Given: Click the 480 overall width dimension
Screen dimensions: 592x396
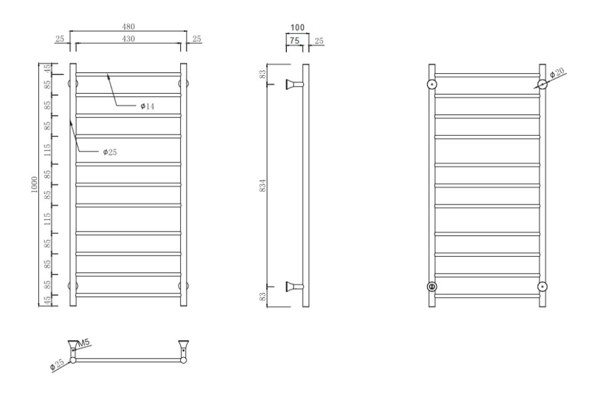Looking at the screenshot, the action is pyautogui.click(x=128, y=27).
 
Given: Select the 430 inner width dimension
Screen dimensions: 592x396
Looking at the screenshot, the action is pyautogui.click(x=128, y=39).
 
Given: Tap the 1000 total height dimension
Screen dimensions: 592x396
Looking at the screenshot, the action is pyautogui.click(x=34, y=185).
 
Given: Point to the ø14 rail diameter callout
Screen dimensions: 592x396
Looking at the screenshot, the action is pyautogui.click(x=147, y=106).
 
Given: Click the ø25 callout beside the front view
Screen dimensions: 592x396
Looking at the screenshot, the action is pyautogui.click(x=110, y=152).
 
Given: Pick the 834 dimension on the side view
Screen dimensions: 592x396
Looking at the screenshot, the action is pyautogui.click(x=263, y=185).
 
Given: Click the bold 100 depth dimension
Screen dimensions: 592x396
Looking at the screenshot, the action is pyautogui.click(x=297, y=28).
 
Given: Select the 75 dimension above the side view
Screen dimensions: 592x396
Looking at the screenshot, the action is pyautogui.click(x=295, y=40).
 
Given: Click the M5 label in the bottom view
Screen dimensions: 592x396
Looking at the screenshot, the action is pyautogui.click(x=84, y=343).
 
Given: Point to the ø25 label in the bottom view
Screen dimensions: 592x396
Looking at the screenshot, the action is pyautogui.click(x=57, y=365).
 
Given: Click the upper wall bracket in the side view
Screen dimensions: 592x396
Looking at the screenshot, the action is pyautogui.click(x=295, y=85).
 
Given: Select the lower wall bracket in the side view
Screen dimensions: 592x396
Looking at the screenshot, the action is pyautogui.click(x=295, y=287).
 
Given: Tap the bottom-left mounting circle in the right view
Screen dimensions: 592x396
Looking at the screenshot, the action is pyautogui.click(x=432, y=287).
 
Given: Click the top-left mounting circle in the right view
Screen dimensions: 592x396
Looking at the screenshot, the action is pyautogui.click(x=432, y=84).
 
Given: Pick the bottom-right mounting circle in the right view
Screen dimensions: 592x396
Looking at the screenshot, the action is pyautogui.click(x=543, y=287).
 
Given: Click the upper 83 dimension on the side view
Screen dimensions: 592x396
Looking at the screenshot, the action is pyautogui.click(x=263, y=74).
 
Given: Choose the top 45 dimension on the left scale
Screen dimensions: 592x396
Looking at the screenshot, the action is pyautogui.click(x=47, y=69).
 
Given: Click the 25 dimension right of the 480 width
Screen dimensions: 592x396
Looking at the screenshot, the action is pyautogui.click(x=197, y=39).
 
